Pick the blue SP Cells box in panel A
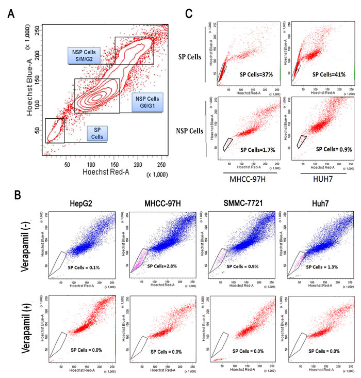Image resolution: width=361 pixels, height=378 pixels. [x=97, y=134]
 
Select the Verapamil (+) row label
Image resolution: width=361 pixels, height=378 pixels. [x=27, y=330]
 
